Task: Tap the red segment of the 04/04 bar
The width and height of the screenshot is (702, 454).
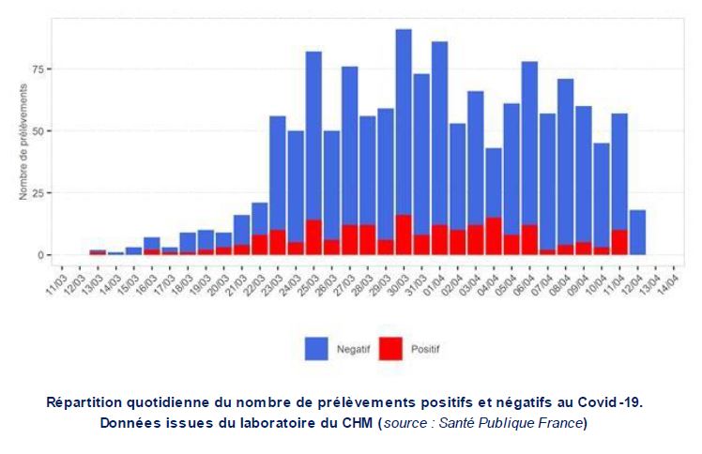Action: click(x=494, y=236)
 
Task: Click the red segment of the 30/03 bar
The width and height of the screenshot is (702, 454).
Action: click(x=404, y=235)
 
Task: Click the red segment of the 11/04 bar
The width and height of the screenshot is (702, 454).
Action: click(x=619, y=242)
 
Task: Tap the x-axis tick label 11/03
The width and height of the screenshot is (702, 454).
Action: click(x=57, y=281)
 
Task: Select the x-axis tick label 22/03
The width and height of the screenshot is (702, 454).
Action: click(x=255, y=281)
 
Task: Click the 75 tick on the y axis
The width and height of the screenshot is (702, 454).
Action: click(x=38, y=68)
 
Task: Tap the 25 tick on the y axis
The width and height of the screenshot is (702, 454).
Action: click(x=38, y=192)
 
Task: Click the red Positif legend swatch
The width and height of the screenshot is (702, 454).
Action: click(x=390, y=349)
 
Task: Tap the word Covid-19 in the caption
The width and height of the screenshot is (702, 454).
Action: click(x=610, y=401)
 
